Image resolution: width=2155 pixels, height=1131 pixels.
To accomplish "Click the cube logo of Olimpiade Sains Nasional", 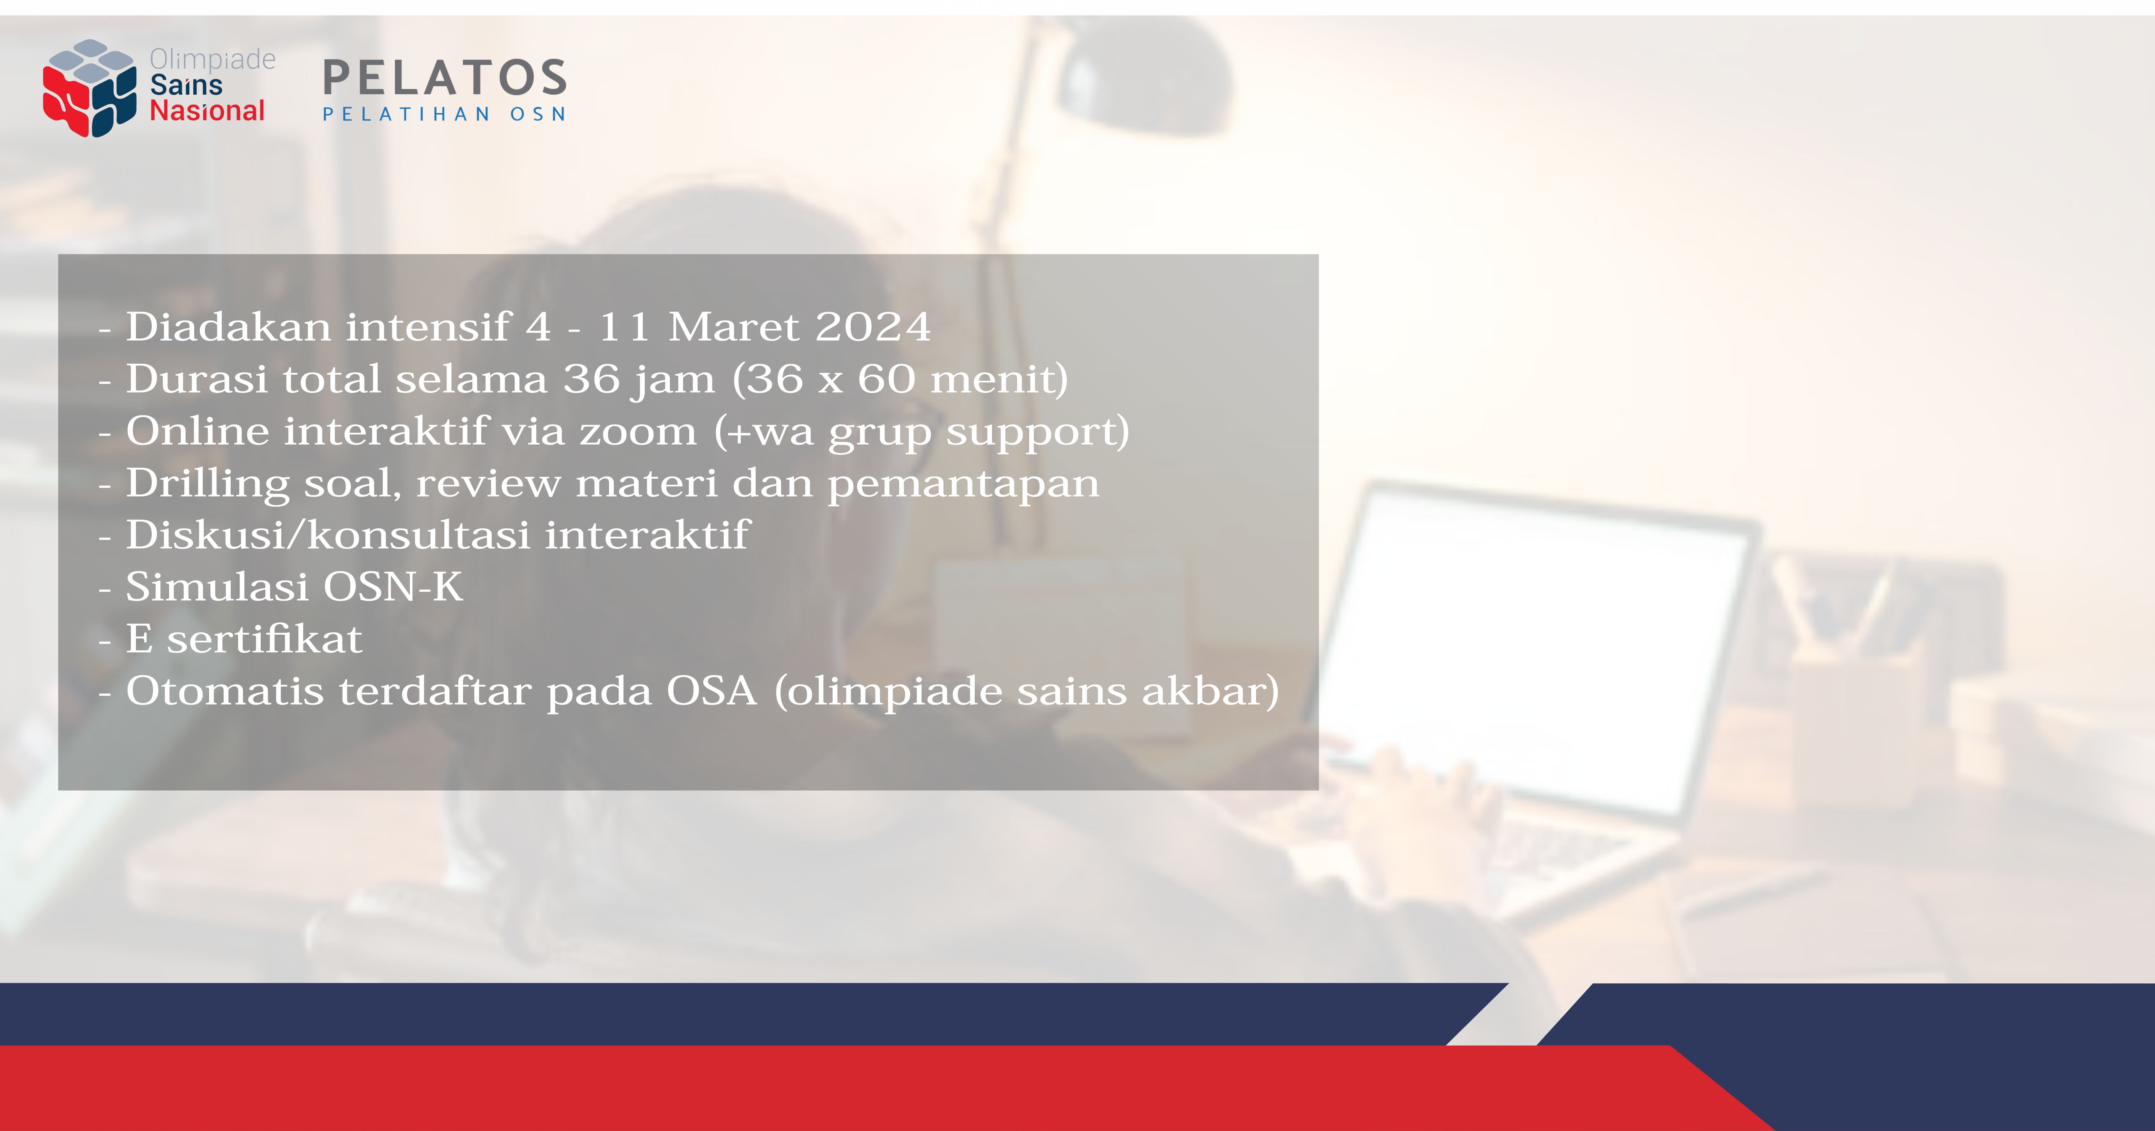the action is pyautogui.click(x=90, y=88).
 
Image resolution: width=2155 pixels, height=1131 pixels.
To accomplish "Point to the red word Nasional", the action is pyautogui.click(x=207, y=110).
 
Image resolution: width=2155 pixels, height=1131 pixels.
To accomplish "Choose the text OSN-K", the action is pyautogui.click(x=392, y=586).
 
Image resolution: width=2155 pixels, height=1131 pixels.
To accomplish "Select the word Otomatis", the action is pyautogui.click(x=224, y=691).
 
